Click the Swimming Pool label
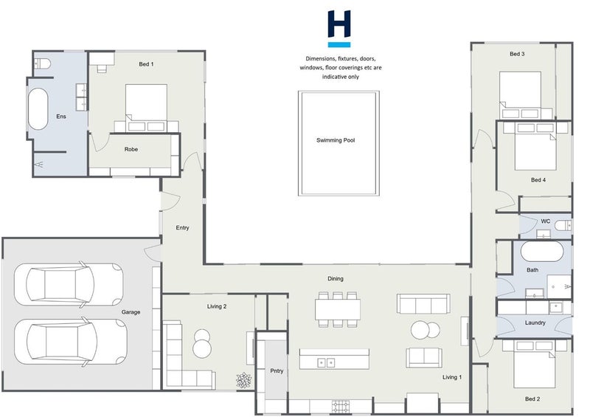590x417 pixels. point(336,140)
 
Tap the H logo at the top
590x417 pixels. point(339,29)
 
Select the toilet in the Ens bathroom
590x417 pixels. point(42,63)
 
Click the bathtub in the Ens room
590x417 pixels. point(38,109)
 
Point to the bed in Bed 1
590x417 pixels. point(146,108)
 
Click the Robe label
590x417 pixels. point(131,149)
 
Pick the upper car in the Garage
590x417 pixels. point(69,284)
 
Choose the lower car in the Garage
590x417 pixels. point(71,342)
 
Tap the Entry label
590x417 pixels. point(182,227)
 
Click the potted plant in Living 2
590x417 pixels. point(243,380)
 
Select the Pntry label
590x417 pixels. point(277,371)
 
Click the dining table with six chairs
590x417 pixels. point(338,309)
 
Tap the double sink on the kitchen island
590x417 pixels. point(326,363)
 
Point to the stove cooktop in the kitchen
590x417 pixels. point(341,407)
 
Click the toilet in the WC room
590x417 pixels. point(563,226)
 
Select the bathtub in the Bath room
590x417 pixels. point(542,251)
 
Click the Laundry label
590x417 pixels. point(535,323)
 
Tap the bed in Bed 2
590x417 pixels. point(535,365)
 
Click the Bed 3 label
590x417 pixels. point(517,54)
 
